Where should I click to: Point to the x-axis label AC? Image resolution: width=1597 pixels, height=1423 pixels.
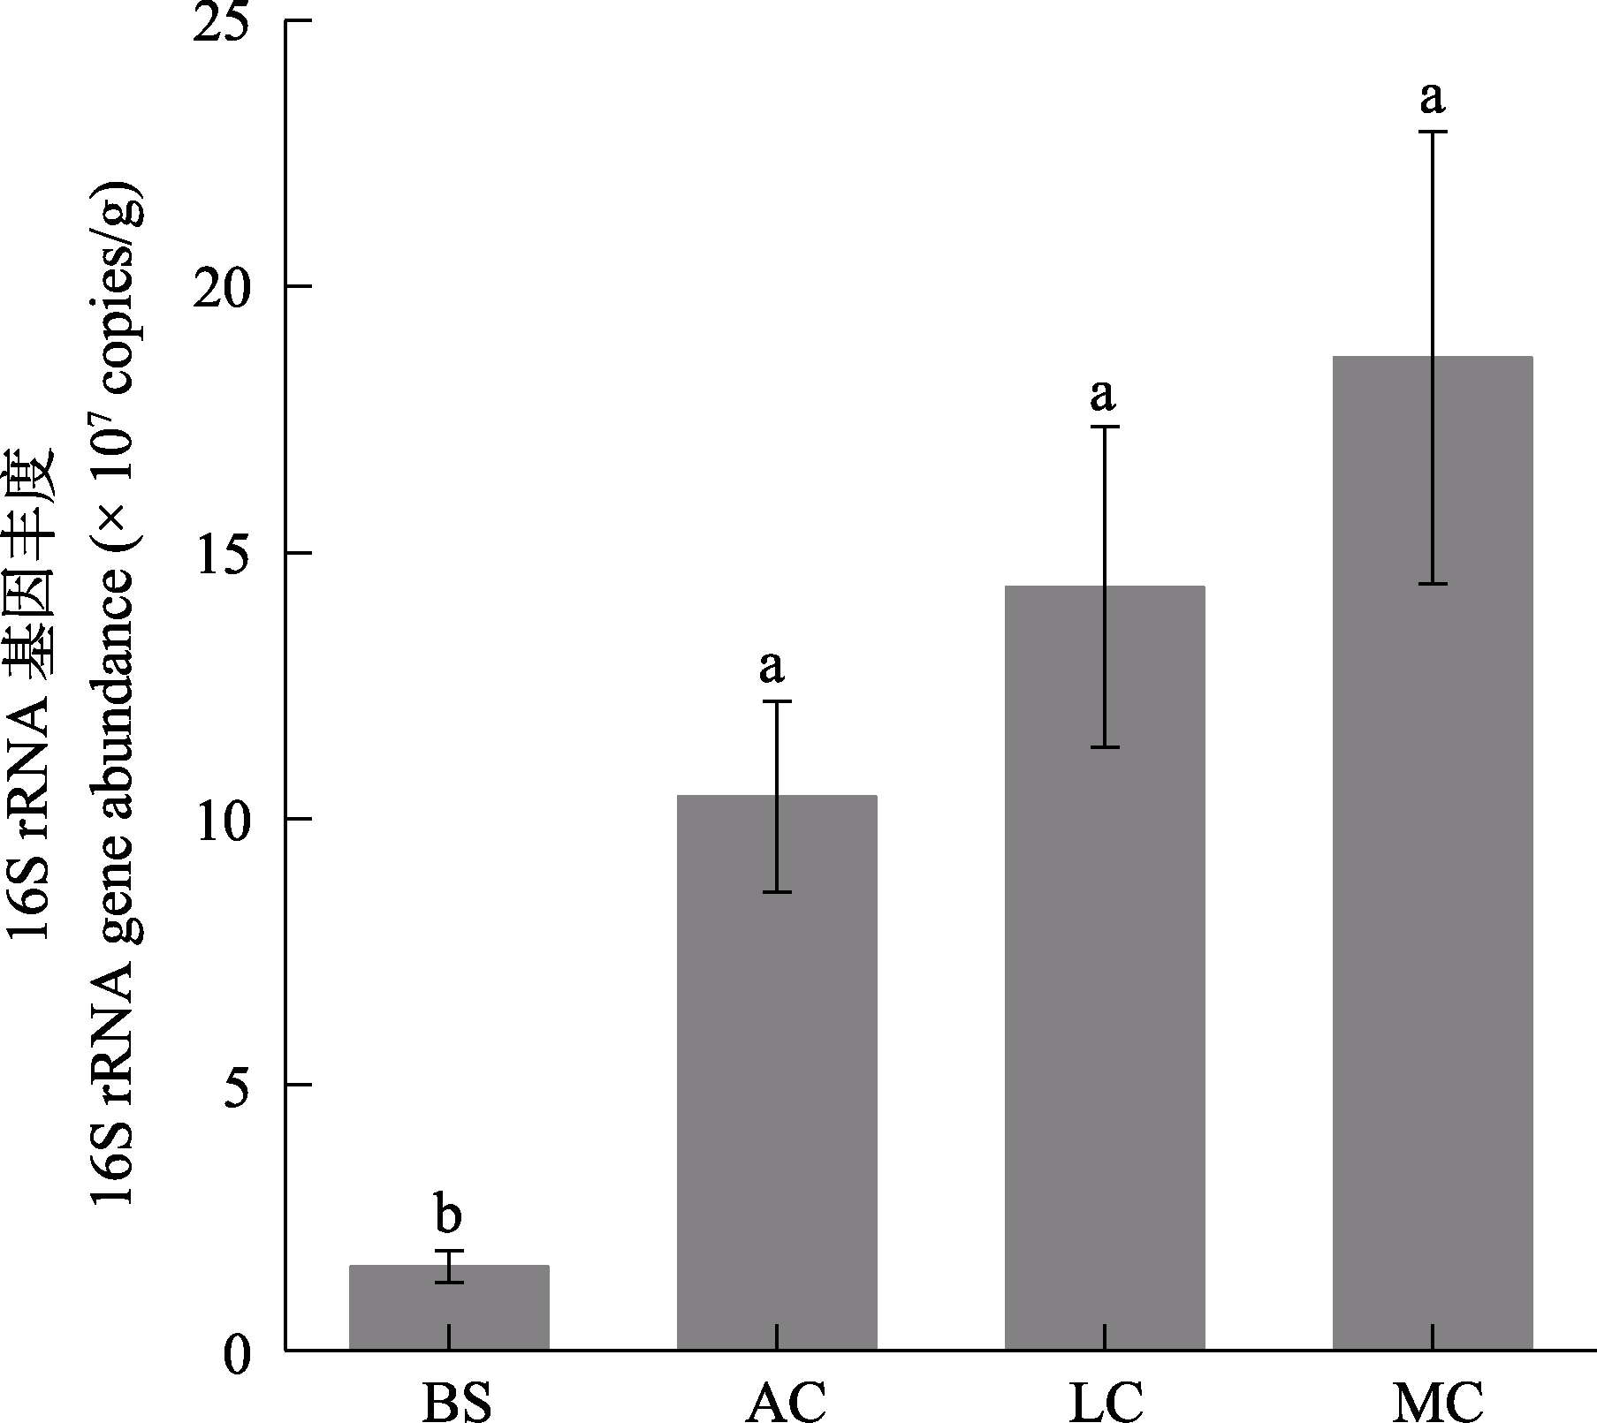pyautogui.click(x=786, y=1400)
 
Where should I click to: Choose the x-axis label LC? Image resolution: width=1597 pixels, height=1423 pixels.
pyautogui.click(x=1106, y=1400)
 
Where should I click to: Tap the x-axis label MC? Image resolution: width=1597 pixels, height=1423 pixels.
pyautogui.click(x=1437, y=1400)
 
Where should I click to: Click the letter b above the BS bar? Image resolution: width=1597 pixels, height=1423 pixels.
pyautogui.click(x=448, y=1215)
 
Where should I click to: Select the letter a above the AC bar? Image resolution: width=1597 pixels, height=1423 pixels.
pyautogui.click(x=772, y=667)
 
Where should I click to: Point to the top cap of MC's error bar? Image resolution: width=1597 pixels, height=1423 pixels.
pyautogui.click(x=1432, y=132)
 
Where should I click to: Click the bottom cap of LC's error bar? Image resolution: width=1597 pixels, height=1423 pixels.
pyautogui.click(x=1105, y=747)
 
